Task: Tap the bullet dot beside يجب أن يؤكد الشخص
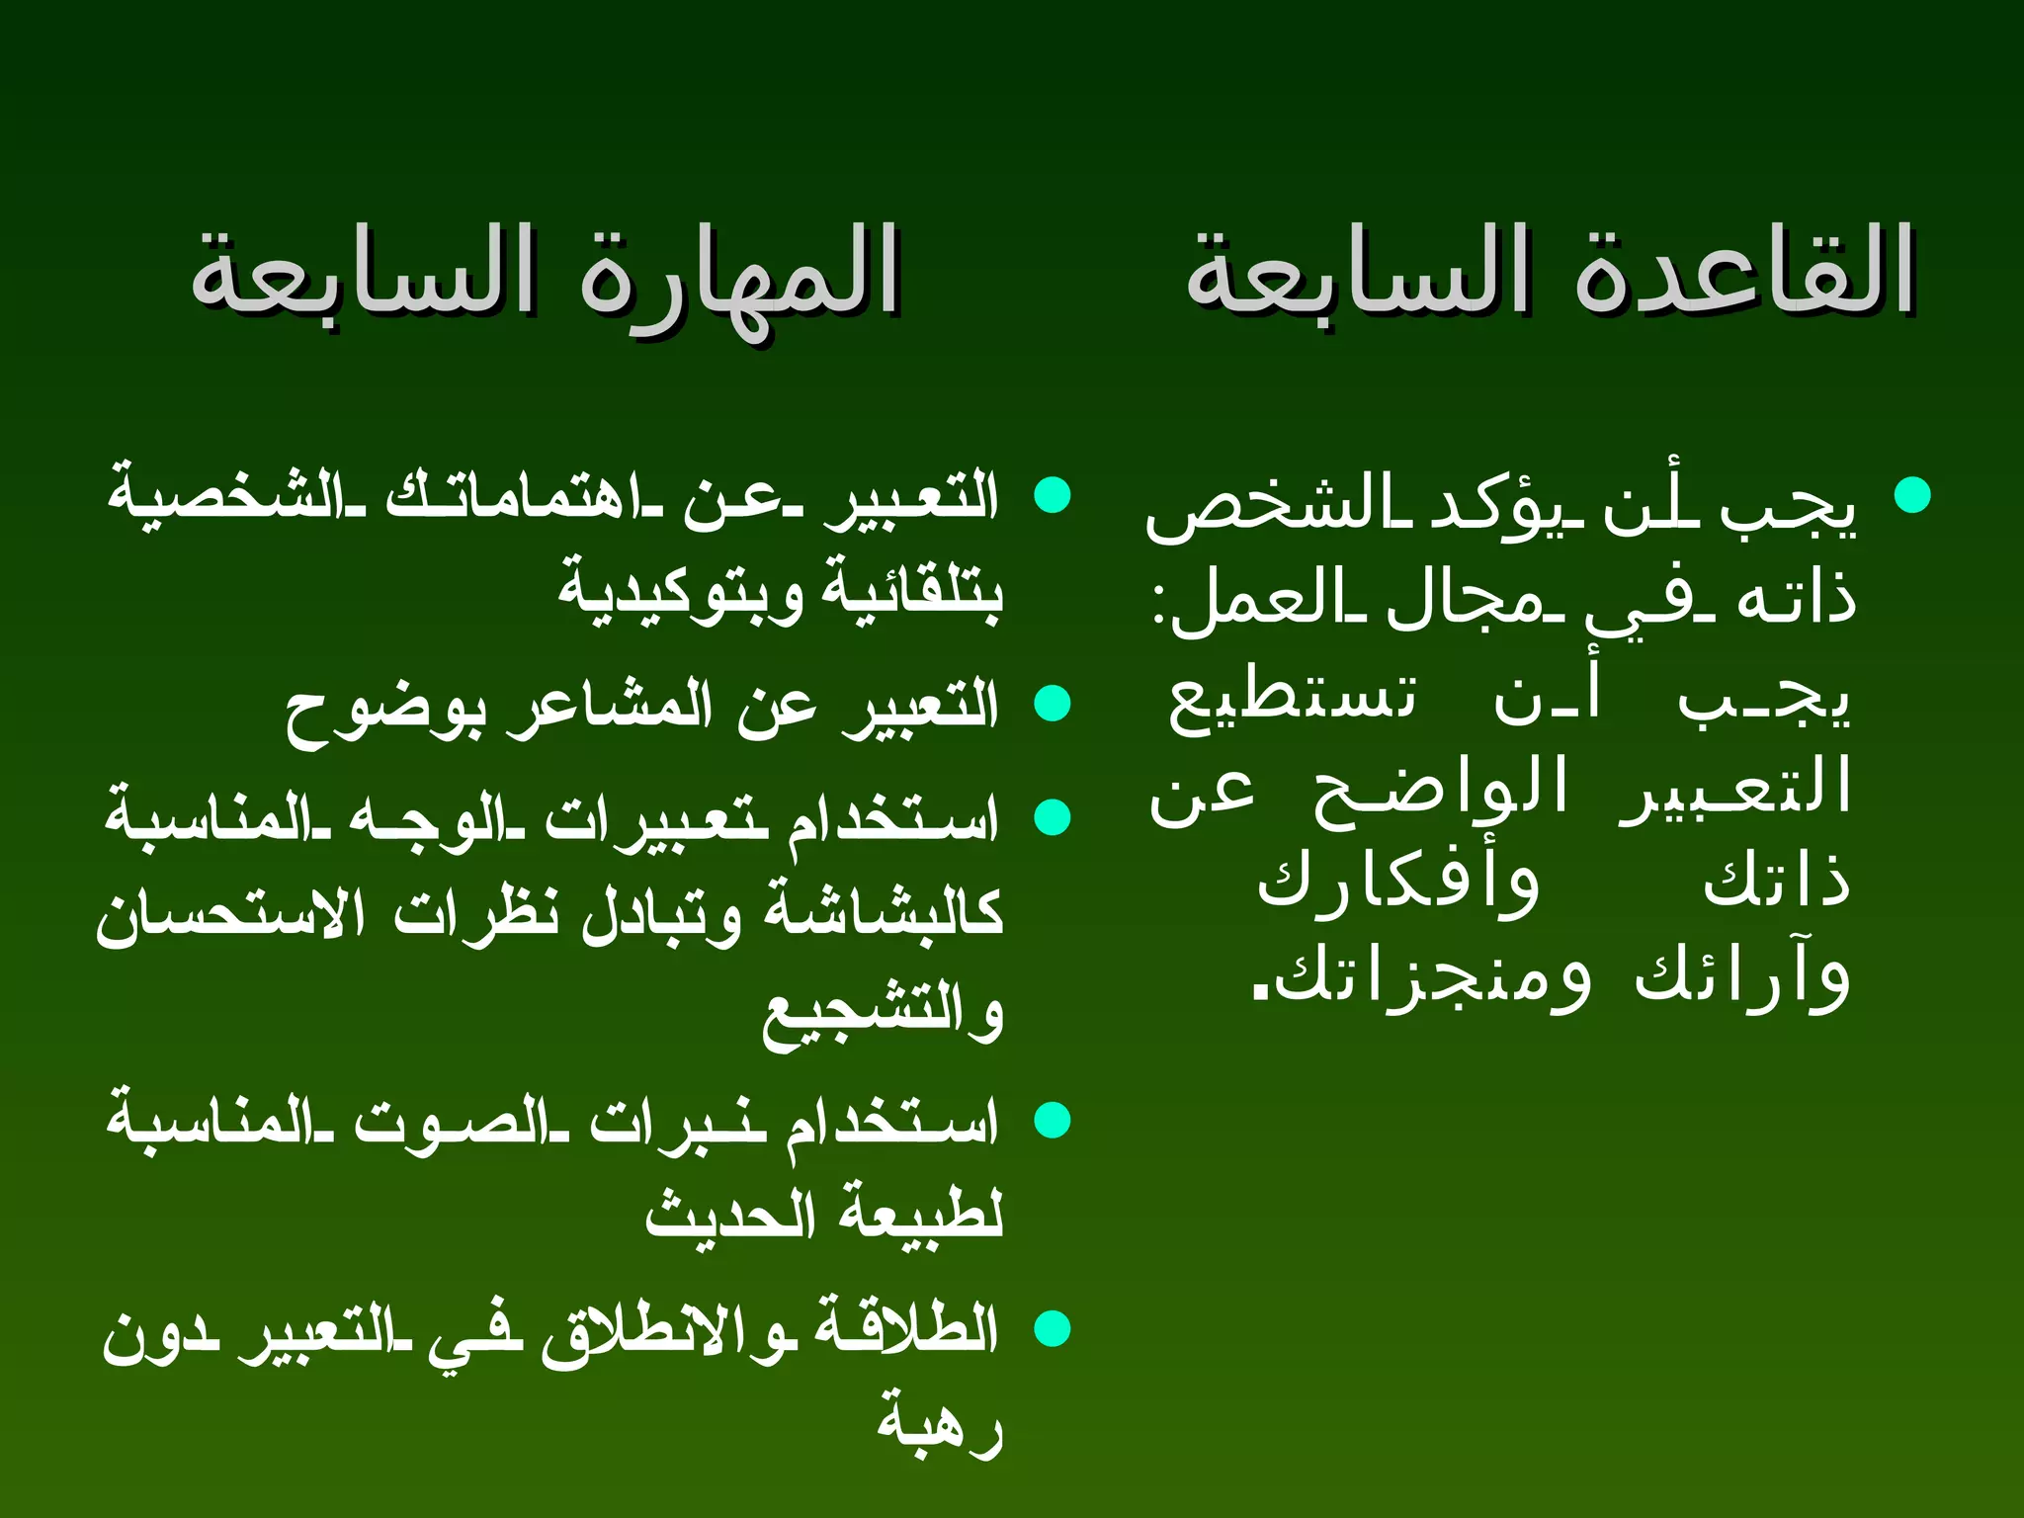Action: [1913, 495]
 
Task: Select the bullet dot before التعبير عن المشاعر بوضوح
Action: [1053, 704]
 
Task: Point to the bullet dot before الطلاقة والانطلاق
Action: [1053, 1328]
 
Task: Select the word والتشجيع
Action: [883, 1012]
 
